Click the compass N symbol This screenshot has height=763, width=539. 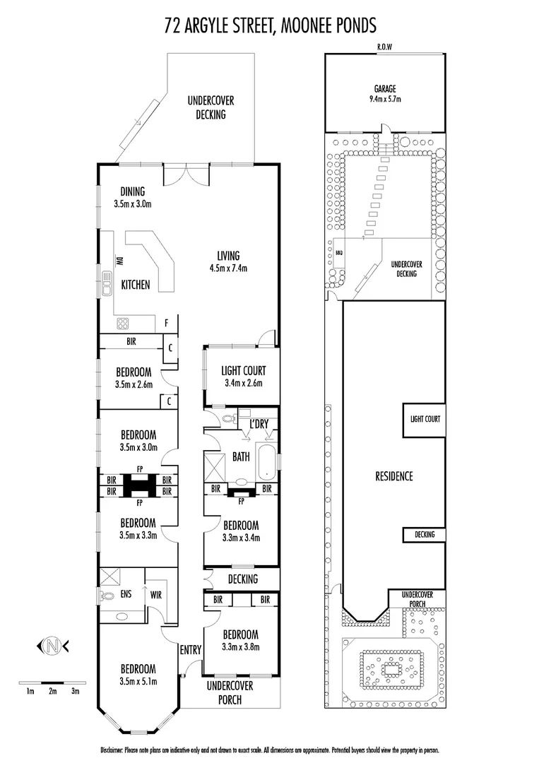click(52, 646)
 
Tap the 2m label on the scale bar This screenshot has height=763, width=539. click(52, 691)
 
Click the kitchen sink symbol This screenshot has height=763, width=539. click(107, 284)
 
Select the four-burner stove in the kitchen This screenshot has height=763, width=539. click(123, 323)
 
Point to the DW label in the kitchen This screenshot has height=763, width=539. click(119, 260)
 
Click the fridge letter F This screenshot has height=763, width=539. click(167, 323)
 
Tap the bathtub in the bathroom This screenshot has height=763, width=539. click(266, 461)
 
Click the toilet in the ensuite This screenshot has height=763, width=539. click(105, 594)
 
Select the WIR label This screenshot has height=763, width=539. click(156, 595)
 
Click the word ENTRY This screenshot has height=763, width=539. click(190, 650)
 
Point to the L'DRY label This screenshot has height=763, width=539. click(259, 424)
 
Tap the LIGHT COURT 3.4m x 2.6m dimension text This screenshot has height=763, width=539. click(244, 383)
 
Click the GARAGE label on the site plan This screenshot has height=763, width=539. click(385, 89)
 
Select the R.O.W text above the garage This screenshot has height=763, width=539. click(384, 47)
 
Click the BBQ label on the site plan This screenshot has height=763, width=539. click(339, 253)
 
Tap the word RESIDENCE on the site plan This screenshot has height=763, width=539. click(394, 476)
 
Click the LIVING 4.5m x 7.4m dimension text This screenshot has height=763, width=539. click(228, 268)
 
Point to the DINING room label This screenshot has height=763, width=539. click(133, 191)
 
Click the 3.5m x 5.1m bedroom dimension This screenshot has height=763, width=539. click(138, 681)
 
